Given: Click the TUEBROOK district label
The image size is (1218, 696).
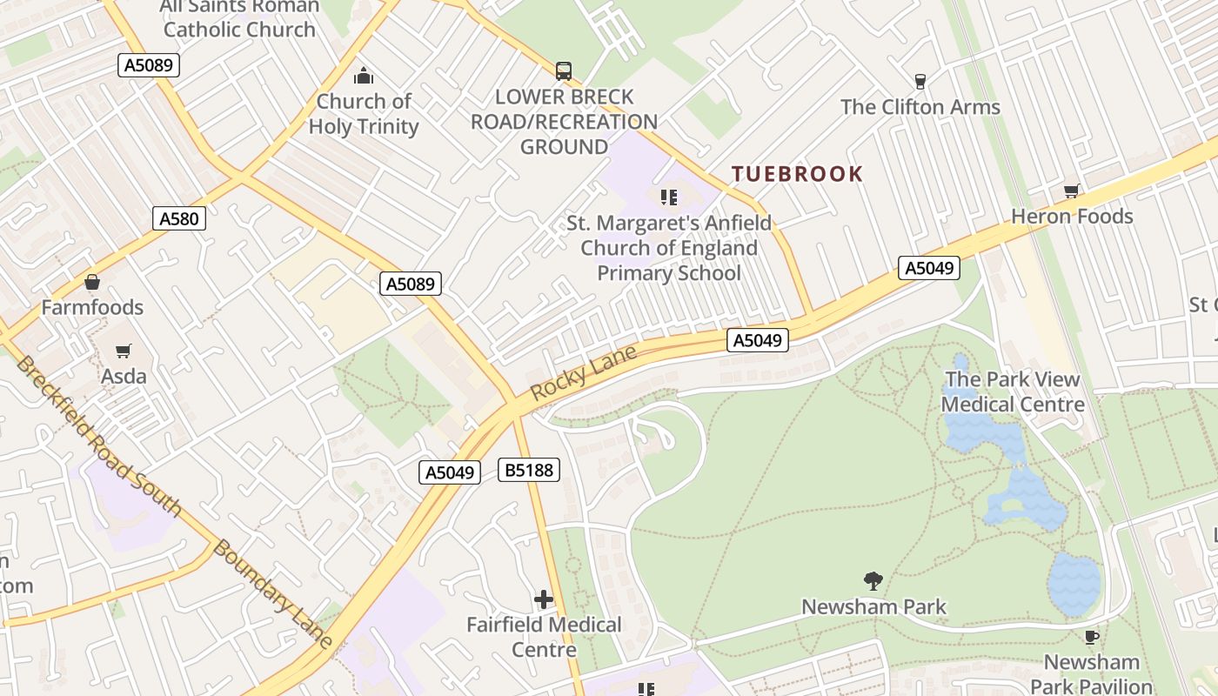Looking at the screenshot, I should (797, 174).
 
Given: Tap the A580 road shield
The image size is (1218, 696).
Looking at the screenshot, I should (179, 218).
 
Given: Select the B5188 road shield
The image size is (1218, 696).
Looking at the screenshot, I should (528, 471).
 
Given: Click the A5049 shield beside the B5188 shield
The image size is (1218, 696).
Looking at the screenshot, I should (450, 472).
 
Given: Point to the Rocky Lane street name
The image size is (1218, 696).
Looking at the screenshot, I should (583, 373).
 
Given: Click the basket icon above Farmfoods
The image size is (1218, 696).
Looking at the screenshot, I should (92, 283).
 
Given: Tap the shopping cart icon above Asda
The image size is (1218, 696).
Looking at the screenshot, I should (124, 351).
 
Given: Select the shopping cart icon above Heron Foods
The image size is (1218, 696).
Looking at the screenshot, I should (1071, 191).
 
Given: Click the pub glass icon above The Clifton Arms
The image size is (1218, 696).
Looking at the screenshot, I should (920, 82).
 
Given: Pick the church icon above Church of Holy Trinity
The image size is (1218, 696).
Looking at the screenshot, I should (364, 77).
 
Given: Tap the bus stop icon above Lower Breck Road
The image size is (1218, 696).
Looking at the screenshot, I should (564, 71).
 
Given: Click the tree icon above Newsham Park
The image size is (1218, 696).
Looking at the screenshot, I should (873, 581).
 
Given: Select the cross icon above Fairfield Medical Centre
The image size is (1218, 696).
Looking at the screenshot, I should (544, 599).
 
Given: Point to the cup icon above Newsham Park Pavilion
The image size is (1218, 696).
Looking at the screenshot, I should (1091, 638).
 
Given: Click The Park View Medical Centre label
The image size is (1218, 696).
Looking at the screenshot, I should (1013, 391).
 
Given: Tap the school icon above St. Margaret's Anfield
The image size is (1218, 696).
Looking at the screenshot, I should (668, 197).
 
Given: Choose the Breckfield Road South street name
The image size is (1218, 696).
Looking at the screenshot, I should (97, 435).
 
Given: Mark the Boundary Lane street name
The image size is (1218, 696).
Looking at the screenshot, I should (273, 594).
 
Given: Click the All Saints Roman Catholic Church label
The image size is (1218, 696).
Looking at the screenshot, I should (239, 18).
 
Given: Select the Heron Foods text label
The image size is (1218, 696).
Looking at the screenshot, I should (1072, 216).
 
